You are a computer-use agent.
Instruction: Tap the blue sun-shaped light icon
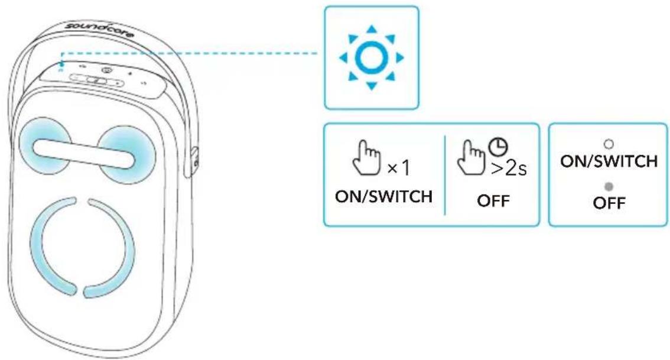[x=371, y=58]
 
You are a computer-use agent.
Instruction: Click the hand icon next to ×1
[x=366, y=158]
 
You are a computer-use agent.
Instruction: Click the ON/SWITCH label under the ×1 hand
[x=383, y=197]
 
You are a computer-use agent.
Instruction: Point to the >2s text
[x=509, y=168]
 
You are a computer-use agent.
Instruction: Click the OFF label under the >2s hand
[x=493, y=200]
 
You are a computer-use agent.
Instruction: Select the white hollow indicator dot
[x=609, y=144]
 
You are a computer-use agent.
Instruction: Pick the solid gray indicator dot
[x=609, y=187]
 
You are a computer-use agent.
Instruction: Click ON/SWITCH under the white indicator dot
[x=609, y=161]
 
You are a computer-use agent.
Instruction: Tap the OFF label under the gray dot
[x=609, y=203]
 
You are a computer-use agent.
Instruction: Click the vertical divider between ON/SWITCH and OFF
[x=445, y=175]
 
